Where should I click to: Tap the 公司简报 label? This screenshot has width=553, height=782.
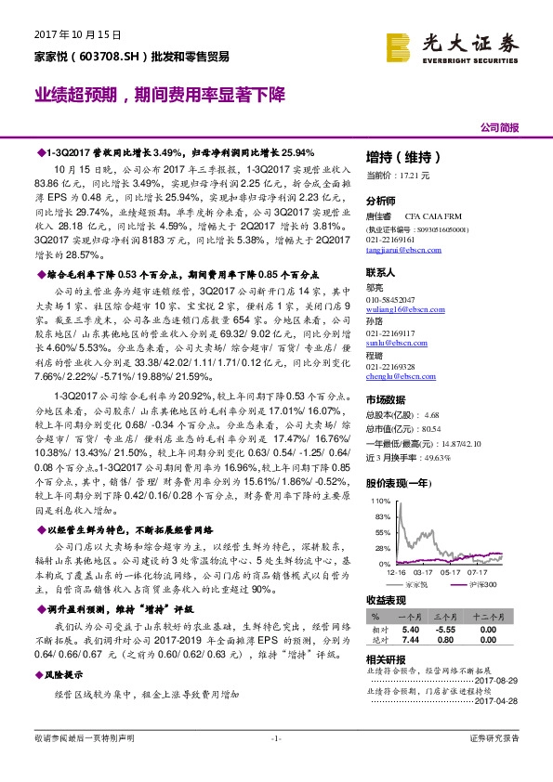(499, 127)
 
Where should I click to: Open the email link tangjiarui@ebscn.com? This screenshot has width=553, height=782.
(403, 249)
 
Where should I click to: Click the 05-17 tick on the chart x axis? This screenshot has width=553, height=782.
(451, 573)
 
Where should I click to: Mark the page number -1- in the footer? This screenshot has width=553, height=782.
(275, 763)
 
